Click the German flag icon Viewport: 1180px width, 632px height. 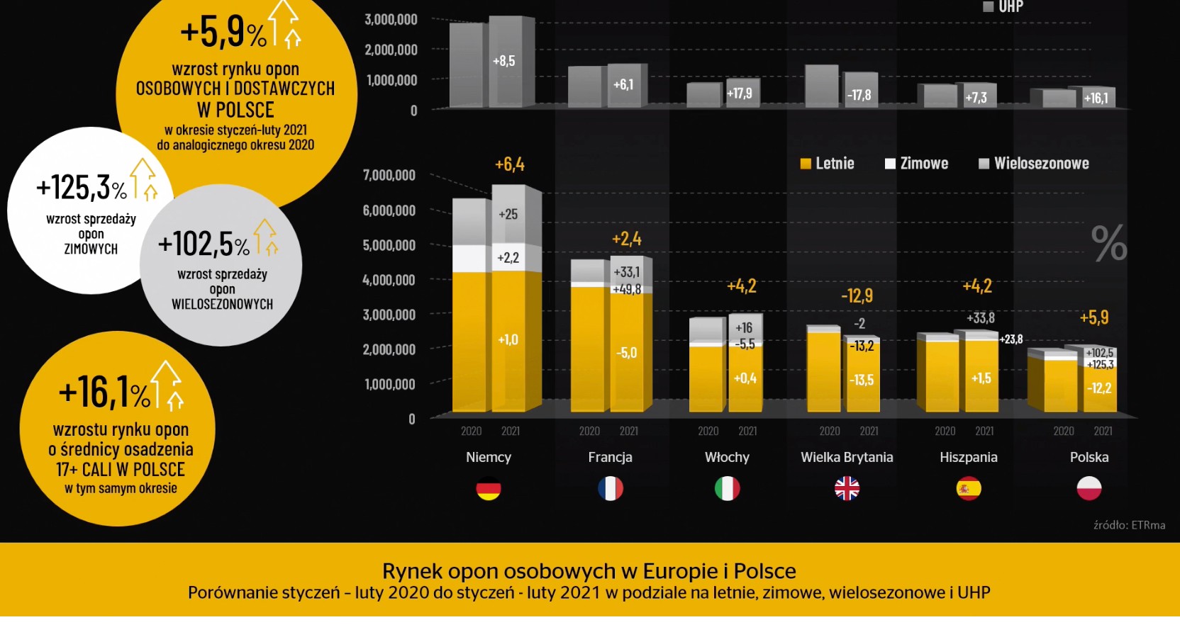click(489, 489)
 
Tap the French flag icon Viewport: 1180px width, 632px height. click(610, 489)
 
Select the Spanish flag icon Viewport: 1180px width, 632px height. click(969, 489)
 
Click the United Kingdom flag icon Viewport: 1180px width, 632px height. click(847, 489)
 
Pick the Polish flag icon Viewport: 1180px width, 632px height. click(1089, 489)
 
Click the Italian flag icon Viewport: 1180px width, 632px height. click(727, 489)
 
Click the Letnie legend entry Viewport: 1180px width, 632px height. click(827, 164)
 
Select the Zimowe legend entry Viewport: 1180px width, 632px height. click(916, 164)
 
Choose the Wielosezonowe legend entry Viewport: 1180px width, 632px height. click(1034, 164)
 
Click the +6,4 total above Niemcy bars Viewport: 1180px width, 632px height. click(510, 165)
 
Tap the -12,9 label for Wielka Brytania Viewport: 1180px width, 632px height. click(857, 296)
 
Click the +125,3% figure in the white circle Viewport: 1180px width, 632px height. click(82, 188)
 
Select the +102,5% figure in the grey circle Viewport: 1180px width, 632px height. click(204, 244)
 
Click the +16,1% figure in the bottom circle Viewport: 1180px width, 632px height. click(104, 393)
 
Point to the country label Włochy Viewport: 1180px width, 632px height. click(727, 458)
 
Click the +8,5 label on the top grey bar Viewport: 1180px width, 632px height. click(503, 62)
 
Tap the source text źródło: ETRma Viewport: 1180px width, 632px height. click(1129, 525)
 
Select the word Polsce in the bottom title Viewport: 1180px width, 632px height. click(764, 571)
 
